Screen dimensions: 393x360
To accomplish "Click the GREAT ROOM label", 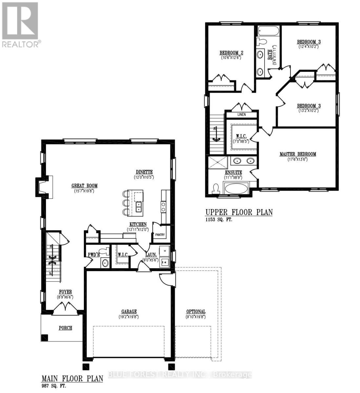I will pyautogui.click(x=84, y=186).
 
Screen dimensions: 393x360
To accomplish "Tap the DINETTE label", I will pyautogui.click(x=144, y=172).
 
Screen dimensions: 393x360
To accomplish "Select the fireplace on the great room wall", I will pyautogui.click(x=43, y=187).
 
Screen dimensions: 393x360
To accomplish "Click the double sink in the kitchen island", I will pyautogui.click(x=139, y=207).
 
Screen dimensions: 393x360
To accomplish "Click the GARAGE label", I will pyautogui.click(x=129, y=311).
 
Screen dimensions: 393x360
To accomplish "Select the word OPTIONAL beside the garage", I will pyautogui.click(x=196, y=311).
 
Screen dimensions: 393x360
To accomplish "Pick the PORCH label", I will pyautogui.click(x=65, y=328).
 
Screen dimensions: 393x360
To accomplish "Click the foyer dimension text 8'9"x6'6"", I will pyautogui.click(x=65, y=297).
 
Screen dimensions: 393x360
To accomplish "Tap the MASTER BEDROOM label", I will pyautogui.click(x=298, y=154).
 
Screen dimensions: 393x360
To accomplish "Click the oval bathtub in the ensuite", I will pyautogui.click(x=236, y=189).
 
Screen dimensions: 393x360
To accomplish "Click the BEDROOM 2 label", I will pyautogui.click(x=231, y=53).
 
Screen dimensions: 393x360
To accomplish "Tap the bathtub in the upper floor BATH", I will pyautogui.click(x=268, y=31).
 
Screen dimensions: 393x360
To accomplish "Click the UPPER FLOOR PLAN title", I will pyautogui.click(x=239, y=212).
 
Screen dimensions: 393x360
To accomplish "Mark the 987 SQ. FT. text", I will pyautogui.click(x=54, y=386).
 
